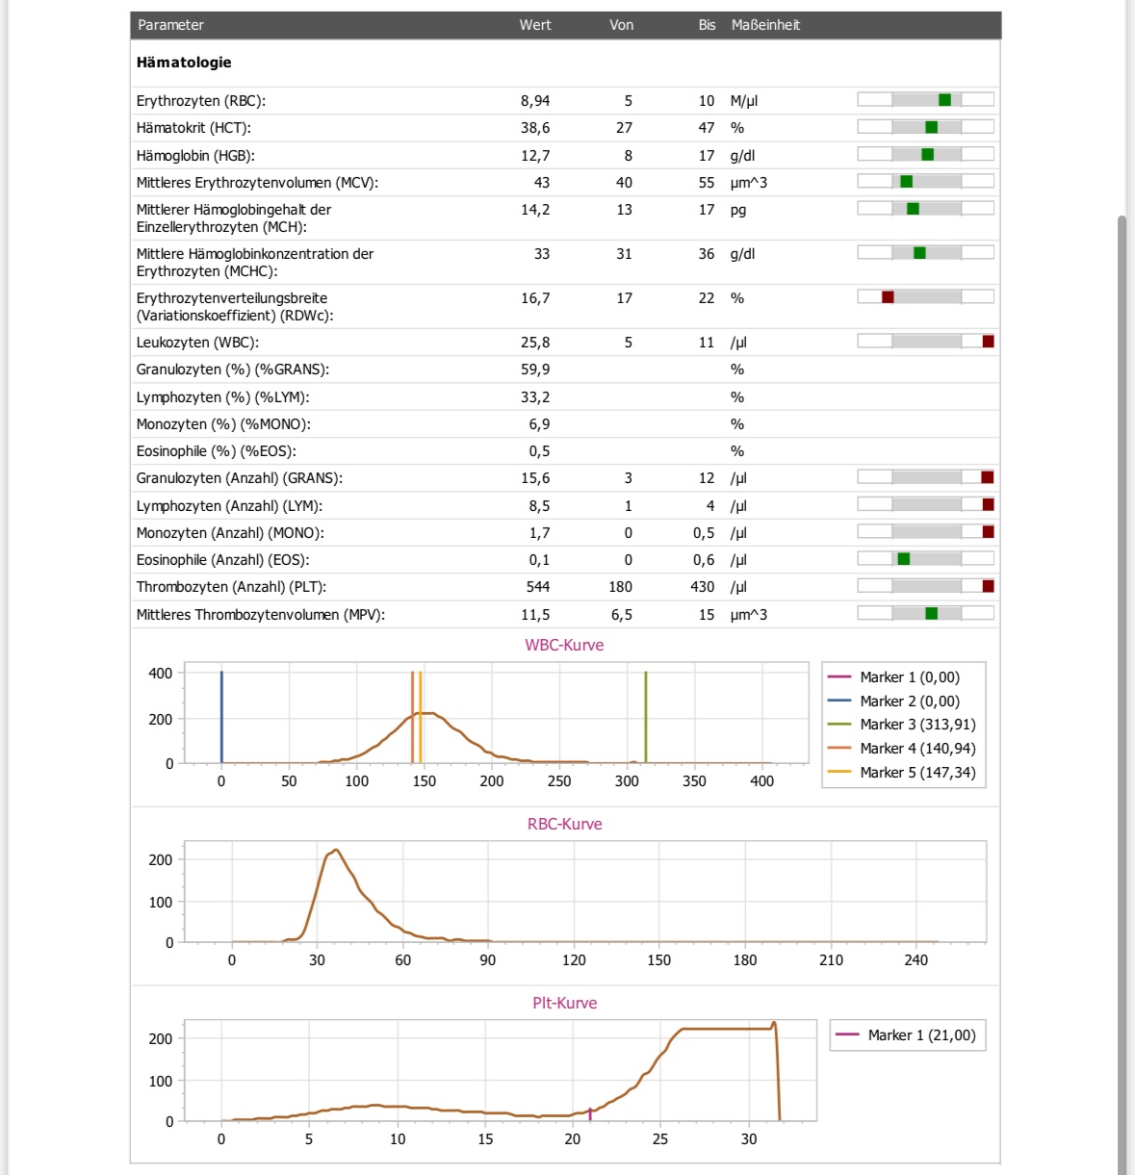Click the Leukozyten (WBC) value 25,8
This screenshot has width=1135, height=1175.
(535, 343)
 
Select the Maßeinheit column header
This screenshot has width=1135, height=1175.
(765, 25)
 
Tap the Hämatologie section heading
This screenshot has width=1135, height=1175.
(184, 63)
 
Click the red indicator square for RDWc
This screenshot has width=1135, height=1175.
(888, 297)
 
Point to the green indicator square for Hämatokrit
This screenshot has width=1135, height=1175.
(932, 127)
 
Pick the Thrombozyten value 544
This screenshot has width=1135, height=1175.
(537, 587)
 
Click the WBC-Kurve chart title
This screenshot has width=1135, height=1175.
(564, 645)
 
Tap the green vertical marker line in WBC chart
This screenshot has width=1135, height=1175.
(646, 717)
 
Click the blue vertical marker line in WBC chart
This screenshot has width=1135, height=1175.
(221, 717)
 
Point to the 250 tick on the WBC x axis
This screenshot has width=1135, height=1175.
(559, 780)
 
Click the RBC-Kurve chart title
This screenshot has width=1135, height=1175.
(564, 824)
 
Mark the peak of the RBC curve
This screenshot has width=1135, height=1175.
(336, 850)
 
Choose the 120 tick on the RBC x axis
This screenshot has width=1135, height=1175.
(574, 960)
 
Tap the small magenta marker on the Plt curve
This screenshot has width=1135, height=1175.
(590, 1114)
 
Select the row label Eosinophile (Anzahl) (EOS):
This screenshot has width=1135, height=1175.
(223, 560)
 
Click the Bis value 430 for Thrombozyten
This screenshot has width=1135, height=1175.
(703, 587)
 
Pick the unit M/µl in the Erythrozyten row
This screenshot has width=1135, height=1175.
(744, 101)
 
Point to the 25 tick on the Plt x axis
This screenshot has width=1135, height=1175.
(660, 1138)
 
